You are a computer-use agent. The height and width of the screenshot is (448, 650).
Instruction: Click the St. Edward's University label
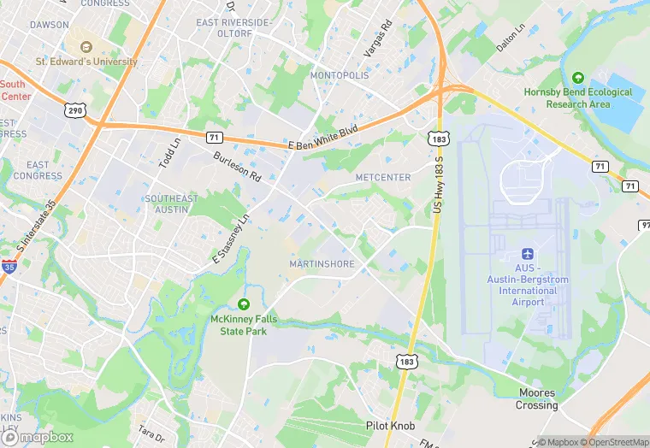click(86, 62)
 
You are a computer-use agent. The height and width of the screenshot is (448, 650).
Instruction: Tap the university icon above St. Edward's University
click(86, 46)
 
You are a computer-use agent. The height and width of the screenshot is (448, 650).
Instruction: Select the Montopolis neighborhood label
click(340, 75)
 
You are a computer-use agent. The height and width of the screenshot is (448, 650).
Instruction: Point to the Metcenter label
click(383, 177)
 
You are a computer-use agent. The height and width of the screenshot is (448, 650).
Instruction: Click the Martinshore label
click(322, 264)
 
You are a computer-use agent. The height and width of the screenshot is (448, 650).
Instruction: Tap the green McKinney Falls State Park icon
click(244, 304)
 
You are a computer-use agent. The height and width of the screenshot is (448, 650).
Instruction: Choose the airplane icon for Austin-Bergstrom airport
click(527, 255)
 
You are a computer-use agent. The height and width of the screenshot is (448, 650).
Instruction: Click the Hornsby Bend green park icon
click(578, 78)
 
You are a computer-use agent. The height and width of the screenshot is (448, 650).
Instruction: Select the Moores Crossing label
click(537, 399)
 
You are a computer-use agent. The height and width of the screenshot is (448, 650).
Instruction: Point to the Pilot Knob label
click(391, 423)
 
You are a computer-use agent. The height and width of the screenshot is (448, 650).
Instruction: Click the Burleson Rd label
click(238, 166)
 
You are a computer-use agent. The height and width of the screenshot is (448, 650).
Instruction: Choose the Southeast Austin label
click(171, 204)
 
